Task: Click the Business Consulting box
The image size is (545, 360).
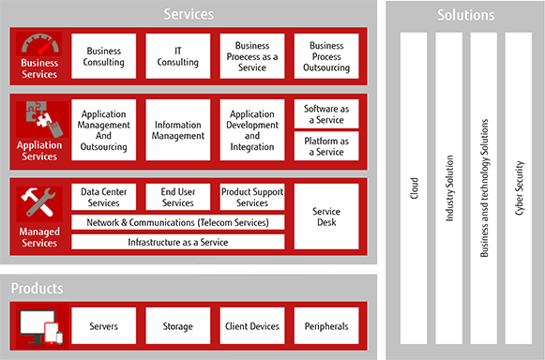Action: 103,56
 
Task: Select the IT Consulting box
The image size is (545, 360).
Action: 177,56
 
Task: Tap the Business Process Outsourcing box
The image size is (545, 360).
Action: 326,56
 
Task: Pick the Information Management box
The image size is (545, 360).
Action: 177,129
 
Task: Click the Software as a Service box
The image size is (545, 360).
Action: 326,114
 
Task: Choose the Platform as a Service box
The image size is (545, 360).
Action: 326,145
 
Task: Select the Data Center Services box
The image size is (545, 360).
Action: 103,197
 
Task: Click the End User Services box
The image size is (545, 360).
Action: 177,197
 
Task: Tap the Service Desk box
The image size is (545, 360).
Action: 326,217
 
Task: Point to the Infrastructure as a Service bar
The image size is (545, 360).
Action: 177,242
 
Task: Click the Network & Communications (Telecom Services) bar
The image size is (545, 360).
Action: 177,222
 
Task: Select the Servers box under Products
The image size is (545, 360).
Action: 103,325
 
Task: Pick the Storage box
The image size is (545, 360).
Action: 177,325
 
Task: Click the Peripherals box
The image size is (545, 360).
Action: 326,325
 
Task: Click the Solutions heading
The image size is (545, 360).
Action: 465,15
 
